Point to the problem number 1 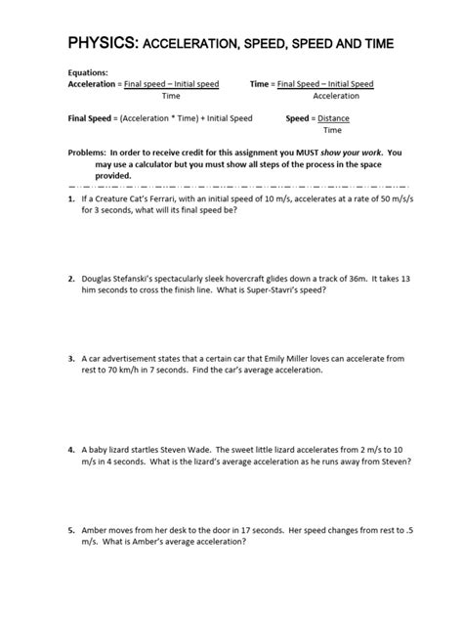click(71, 199)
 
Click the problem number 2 click(71, 279)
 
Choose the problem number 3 click(71, 359)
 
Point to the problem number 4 click(71, 450)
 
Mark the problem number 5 click(71, 531)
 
